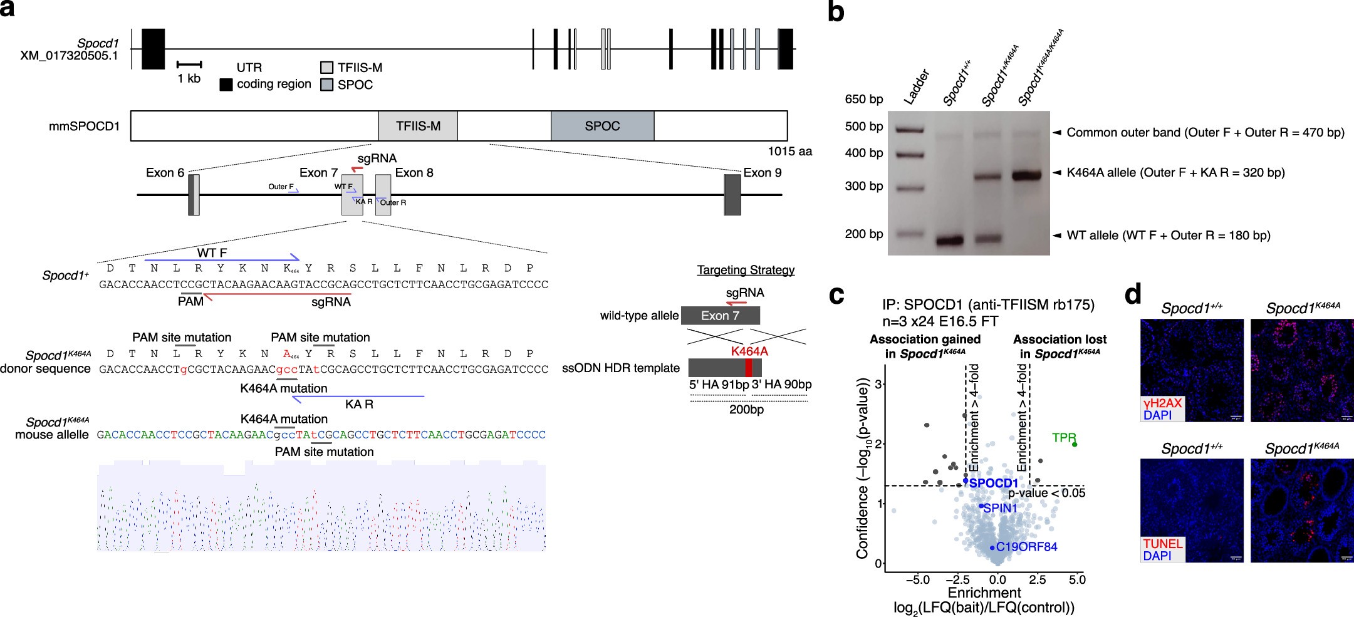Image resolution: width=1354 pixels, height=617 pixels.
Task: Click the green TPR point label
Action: tap(1064, 437)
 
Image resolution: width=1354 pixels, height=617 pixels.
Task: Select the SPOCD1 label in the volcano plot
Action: tap(994, 483)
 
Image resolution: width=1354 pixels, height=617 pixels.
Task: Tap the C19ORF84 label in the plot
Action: tap(1026, 547)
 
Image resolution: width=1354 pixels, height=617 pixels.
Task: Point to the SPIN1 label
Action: tap(1000, 507)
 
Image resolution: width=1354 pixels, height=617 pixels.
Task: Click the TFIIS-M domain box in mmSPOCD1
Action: tap(418, 126)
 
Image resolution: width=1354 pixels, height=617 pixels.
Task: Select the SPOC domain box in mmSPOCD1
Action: tap(602, 126)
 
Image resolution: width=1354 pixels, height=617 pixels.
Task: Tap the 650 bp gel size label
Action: tap(864, 99)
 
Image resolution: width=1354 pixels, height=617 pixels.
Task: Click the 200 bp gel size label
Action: tap(864, 234)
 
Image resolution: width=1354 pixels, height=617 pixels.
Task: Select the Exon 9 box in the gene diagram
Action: tap(732, 195)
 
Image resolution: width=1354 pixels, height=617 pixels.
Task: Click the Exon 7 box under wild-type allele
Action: tap(721, 316)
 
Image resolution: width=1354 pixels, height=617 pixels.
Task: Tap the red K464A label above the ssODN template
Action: tap(749, 351)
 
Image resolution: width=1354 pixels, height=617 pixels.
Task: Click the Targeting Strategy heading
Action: tap(746, 270)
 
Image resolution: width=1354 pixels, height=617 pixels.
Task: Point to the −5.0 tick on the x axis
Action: tap(917, 579)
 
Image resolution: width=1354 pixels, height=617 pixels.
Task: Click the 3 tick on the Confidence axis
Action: tap(878, 384)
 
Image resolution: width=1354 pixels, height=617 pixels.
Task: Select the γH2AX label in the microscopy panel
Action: tap(1162, 403)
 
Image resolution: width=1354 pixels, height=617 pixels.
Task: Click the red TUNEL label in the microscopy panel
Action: tap(1163, 543)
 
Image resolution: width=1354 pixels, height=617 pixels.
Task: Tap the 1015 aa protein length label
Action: tap(789, 151)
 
